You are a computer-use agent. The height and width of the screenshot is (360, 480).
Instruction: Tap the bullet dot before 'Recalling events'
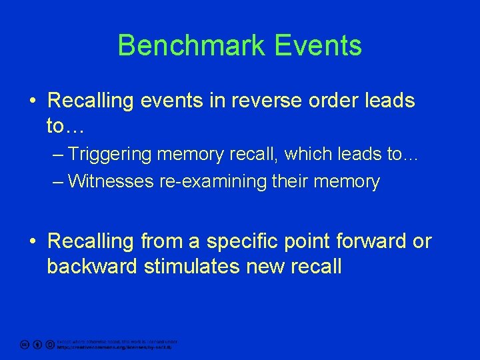[33, 101]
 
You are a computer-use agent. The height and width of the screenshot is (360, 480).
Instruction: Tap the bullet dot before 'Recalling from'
[33, 241]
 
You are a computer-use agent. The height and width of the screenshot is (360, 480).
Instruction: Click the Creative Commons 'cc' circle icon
[24, 345]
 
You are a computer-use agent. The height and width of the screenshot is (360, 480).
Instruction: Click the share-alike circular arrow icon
[50, 345]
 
